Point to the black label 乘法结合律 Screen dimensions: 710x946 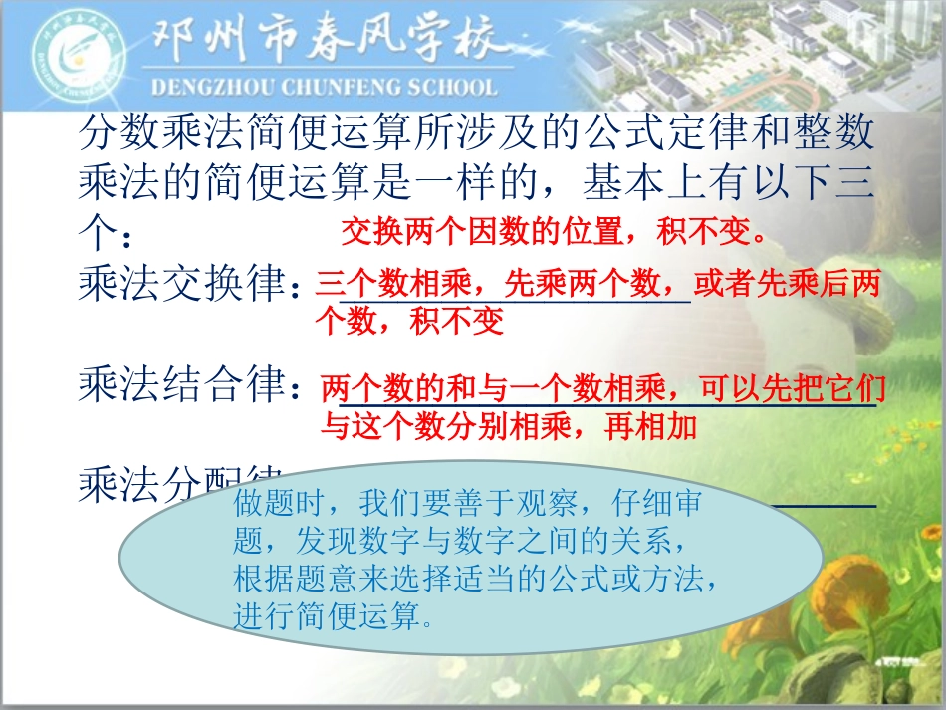(184, 385)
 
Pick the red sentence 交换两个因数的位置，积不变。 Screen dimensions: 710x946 (553, 233)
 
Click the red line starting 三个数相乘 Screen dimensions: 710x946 (597, 286)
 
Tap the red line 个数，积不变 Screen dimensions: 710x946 (409, 321)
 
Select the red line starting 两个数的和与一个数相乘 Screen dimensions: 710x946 (602, 389)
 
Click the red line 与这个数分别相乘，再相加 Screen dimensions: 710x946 (508, 427)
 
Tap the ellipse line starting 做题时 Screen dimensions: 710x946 (467, 504)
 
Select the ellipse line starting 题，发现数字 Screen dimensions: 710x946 (459, 542)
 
